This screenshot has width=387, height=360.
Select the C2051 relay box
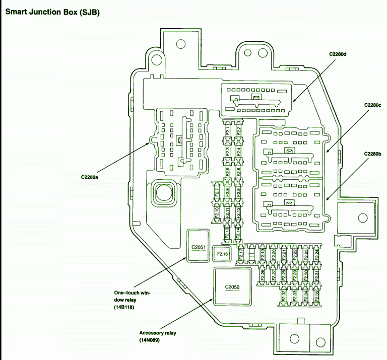[x=198, y=247]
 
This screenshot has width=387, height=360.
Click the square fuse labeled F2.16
[x=223, y=254]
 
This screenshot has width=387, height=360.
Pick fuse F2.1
[x=228, y=132]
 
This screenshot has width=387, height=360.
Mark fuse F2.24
[x=316, y=254]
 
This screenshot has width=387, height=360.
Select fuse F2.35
[x=316, y=296]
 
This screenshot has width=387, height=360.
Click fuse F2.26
[x=263, y=275]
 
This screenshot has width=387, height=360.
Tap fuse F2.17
[x=241, y=254]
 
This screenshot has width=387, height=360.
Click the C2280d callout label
[x=338, y=54]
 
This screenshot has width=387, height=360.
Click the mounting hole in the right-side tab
[x=362, y=218]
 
